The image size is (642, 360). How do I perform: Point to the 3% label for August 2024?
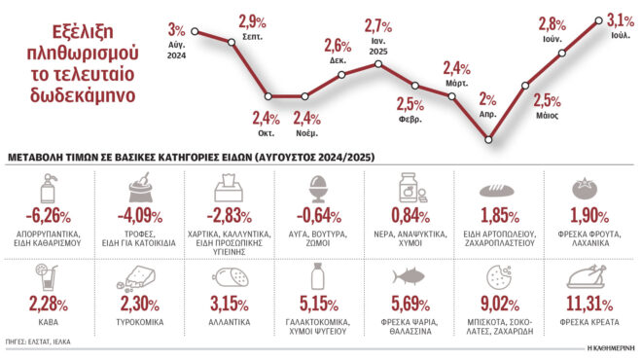coord(176,28)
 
